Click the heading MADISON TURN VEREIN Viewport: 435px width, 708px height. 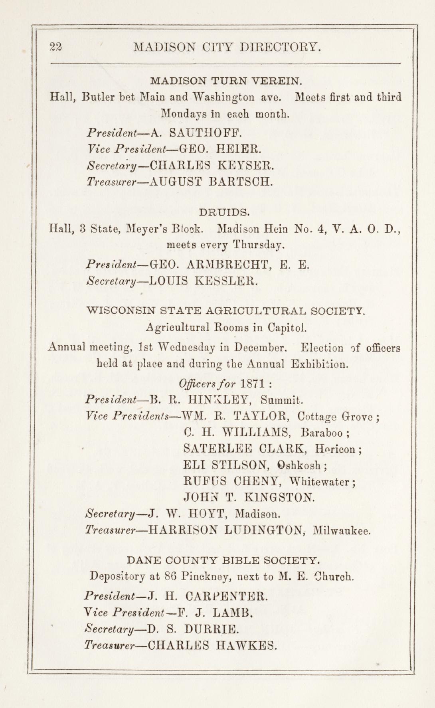[x=225, y=81]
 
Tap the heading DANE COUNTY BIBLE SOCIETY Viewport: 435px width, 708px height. [x=223, y=560]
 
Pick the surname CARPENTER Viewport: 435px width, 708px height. [x=225, y=597]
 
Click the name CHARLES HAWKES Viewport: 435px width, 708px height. [x=212, y=645]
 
